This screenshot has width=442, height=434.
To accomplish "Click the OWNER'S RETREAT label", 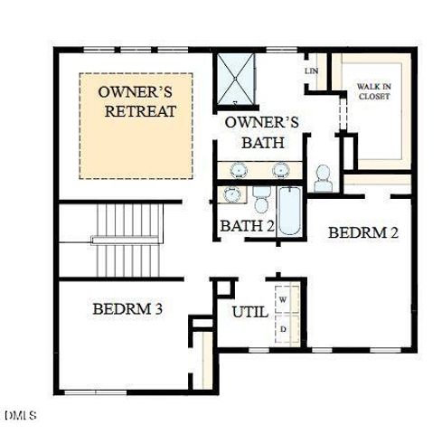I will tap(136, 102).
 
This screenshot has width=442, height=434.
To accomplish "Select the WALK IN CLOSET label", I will tap(372, 90).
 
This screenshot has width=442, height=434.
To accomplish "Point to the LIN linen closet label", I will tap(312, 71).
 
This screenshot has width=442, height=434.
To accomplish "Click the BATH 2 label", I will tap(247, 225).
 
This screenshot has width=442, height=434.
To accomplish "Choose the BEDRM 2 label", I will tap(362, 232).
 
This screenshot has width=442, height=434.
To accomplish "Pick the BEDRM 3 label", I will tap(127, 309).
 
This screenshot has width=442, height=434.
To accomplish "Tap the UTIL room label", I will tap(249, 313).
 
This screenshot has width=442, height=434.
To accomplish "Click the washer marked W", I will tap(284, 298).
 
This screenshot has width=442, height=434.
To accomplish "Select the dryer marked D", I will tap(284, 329).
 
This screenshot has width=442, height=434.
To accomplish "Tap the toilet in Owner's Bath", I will tap(324, 177).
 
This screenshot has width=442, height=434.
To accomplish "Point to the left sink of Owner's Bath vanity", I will tap(240, 169).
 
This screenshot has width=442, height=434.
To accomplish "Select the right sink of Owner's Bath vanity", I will tap(280, 169).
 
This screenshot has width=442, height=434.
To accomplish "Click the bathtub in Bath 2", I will tap(289, 211).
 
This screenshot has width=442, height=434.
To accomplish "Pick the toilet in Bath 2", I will tap(261, 195).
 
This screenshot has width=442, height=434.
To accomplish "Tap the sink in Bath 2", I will tap(231, 194).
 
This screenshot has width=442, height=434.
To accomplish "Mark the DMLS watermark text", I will tap(20, 416).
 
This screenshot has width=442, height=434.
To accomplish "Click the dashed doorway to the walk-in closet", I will tap(342, 113).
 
